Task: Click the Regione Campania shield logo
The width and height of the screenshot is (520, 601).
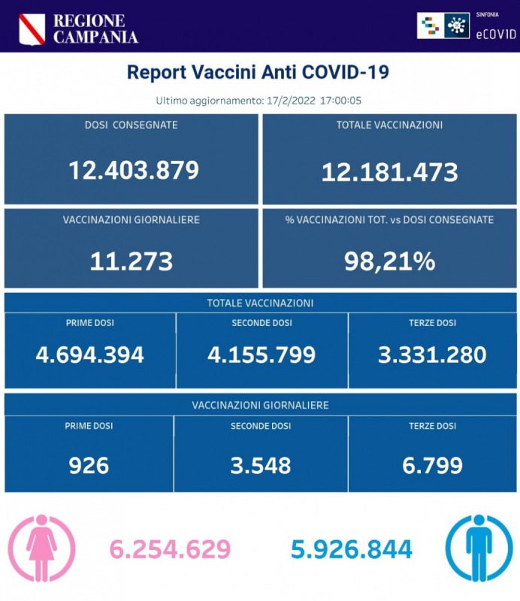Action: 32,29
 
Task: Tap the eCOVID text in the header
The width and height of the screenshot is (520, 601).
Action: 496,33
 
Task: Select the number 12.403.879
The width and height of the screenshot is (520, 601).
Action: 134,171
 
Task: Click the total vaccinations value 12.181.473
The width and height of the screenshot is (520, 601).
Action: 389,172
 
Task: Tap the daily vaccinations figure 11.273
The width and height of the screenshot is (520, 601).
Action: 132,261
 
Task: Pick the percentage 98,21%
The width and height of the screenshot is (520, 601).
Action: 389,261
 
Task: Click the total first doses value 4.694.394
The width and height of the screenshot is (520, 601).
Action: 90,355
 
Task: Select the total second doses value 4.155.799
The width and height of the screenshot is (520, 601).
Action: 262,355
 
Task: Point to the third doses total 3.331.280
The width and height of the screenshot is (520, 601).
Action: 432,355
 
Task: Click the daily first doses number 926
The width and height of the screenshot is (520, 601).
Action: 89,466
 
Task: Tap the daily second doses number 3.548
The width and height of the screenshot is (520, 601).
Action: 261,466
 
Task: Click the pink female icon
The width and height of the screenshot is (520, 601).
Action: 41,548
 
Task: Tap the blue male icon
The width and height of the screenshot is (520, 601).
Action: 479,548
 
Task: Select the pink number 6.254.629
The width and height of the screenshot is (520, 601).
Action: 170,549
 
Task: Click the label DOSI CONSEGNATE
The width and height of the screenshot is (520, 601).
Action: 132,125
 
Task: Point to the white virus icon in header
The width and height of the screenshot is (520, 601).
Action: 455,26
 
